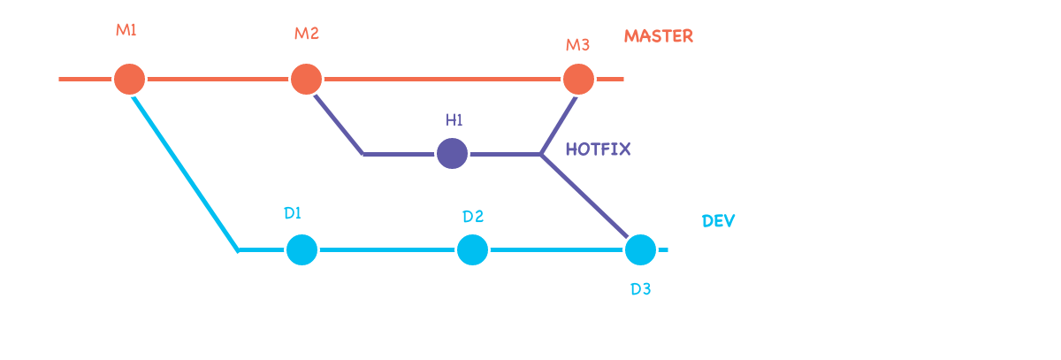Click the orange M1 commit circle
129,79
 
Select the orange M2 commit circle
306,79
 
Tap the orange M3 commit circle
578,79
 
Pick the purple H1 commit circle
452,153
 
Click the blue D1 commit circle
302,249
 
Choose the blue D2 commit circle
472,249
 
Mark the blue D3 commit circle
640,249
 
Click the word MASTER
658,36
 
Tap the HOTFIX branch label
599,149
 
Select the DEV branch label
718,221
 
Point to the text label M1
126,30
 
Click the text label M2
306,34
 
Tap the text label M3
577,44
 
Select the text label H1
454,119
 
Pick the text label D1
293,213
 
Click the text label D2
473,217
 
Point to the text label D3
640,289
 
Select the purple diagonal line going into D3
585,197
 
